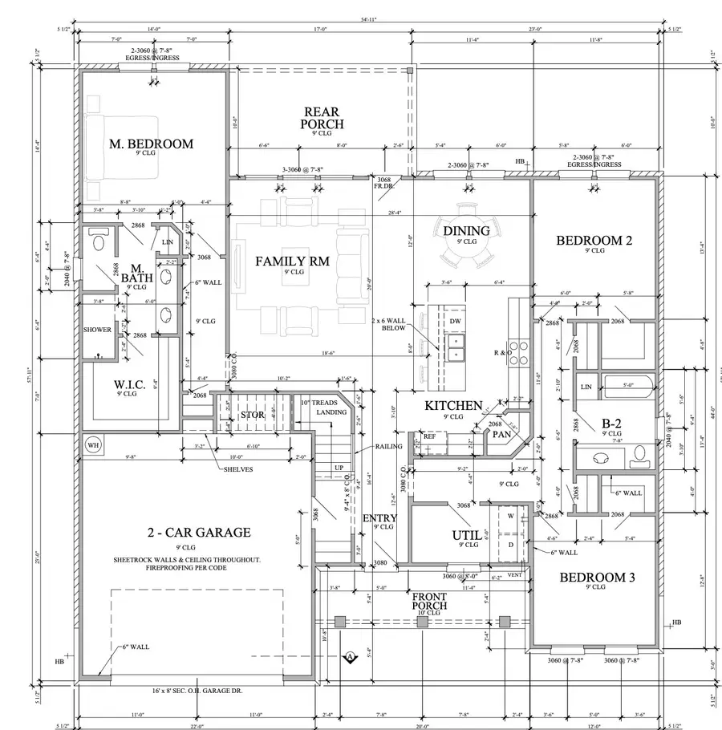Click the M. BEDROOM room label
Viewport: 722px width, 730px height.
pyautogui.click(x=151, y=144)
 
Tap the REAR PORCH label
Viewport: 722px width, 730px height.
pyautogui.click(x=322, y=118)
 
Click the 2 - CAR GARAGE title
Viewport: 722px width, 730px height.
pyautogui.click(x=198, y=532)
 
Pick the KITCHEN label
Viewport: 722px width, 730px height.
pyautogui.click(x=453, y=406)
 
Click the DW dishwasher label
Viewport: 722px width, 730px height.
pyautogui.click(x=455, y=321)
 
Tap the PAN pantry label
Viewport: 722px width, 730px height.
pyautogui.click(x=501, y=434)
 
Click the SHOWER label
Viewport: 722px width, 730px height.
pyautogui.click(x=97, y=330)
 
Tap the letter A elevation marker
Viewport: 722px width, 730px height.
pyautogui.click(x=350, y=658)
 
